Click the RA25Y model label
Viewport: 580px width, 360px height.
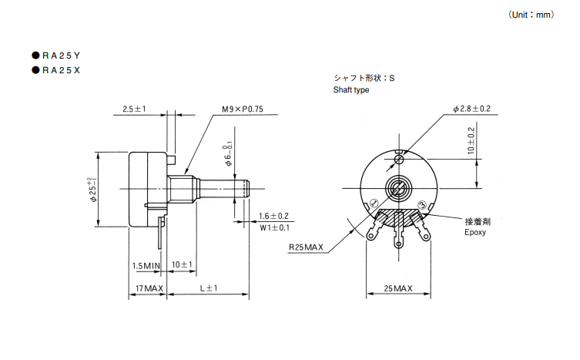[x=61, y=56]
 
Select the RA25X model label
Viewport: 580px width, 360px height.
[x=61, y=70]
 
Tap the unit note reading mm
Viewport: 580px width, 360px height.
[x=531, y=15]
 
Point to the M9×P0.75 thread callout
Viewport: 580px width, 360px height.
[x=243, y=109]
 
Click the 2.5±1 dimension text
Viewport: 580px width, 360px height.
[x=134, y=109]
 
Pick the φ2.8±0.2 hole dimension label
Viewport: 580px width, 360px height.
[x=471, y=109]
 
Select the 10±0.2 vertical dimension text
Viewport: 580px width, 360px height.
[x=471, y=141]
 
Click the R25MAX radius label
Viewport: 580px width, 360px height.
[x=306, y=247]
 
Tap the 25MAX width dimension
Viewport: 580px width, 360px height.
[x=398, y=288]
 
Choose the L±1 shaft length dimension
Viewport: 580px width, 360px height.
[x=209, y=288]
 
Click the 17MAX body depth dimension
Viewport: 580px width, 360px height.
[x=149, y=288]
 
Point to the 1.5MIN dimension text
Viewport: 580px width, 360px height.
[x=146, y=265]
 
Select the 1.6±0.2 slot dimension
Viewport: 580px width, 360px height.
[x=273, y=216]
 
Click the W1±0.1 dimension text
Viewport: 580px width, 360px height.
[x=274, y=227]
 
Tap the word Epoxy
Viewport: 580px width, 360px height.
[x=475, y=232]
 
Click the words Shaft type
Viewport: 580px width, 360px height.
[x=351, y=89]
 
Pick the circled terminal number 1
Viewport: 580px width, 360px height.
[x=374, y=203]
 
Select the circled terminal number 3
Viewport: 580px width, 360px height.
[x=422, y=205]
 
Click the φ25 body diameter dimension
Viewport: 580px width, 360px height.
[x=92, y=190]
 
